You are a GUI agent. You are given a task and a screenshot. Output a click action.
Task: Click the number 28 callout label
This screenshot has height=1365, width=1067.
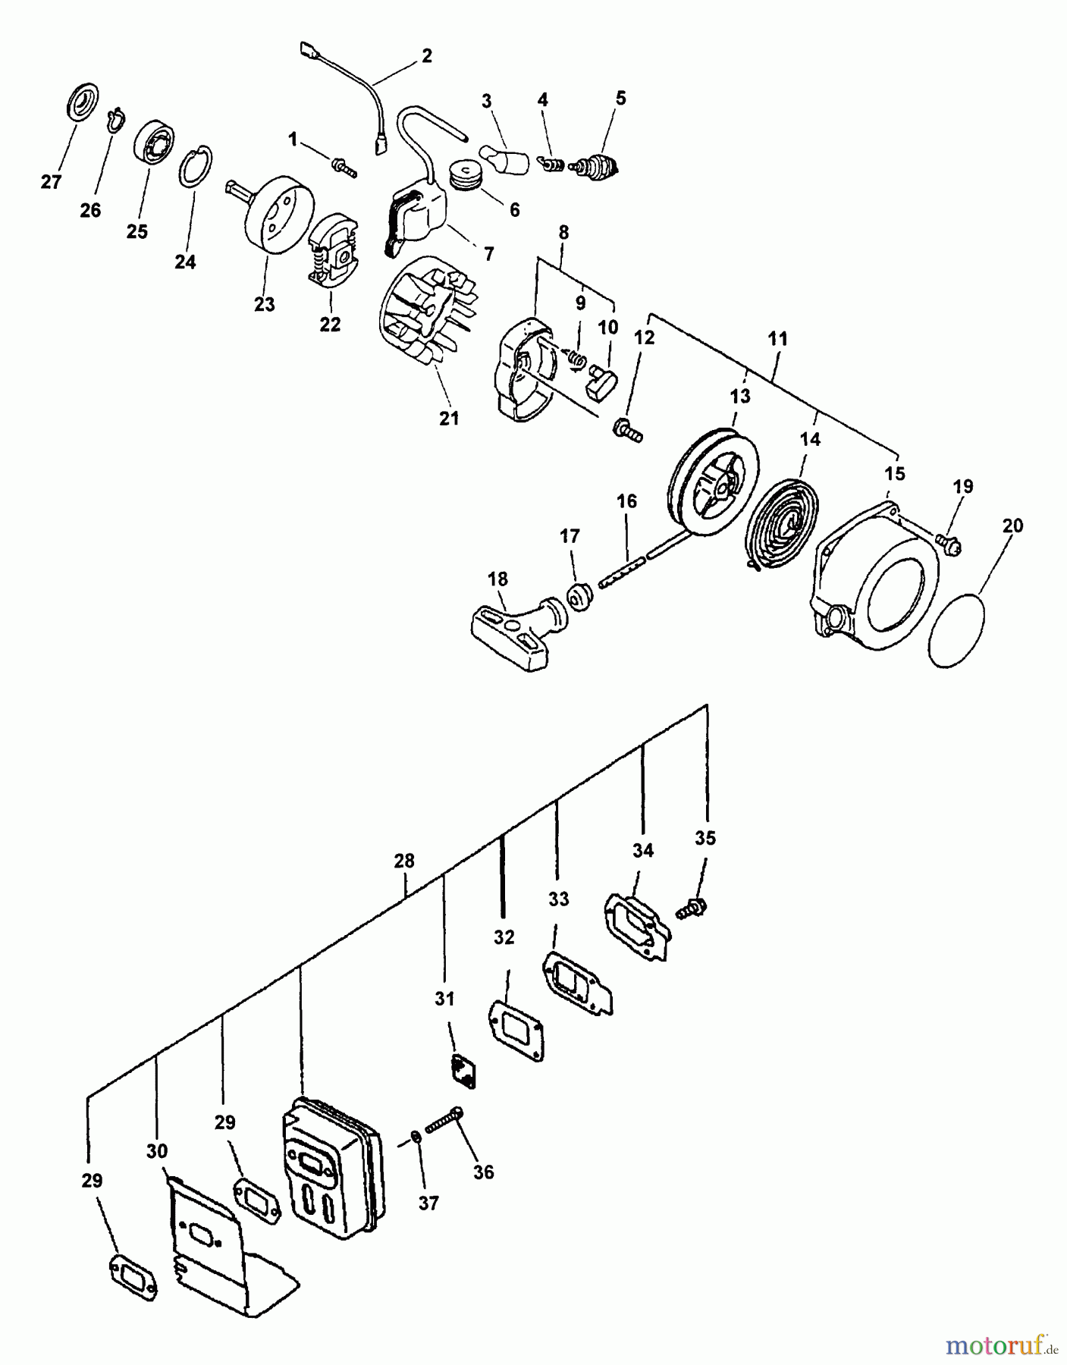pos(404,861)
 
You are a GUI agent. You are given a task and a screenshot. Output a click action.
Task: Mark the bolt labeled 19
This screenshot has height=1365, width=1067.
pos(948,543)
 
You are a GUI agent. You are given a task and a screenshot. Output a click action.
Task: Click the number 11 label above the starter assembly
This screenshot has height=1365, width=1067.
pos(778,339)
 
